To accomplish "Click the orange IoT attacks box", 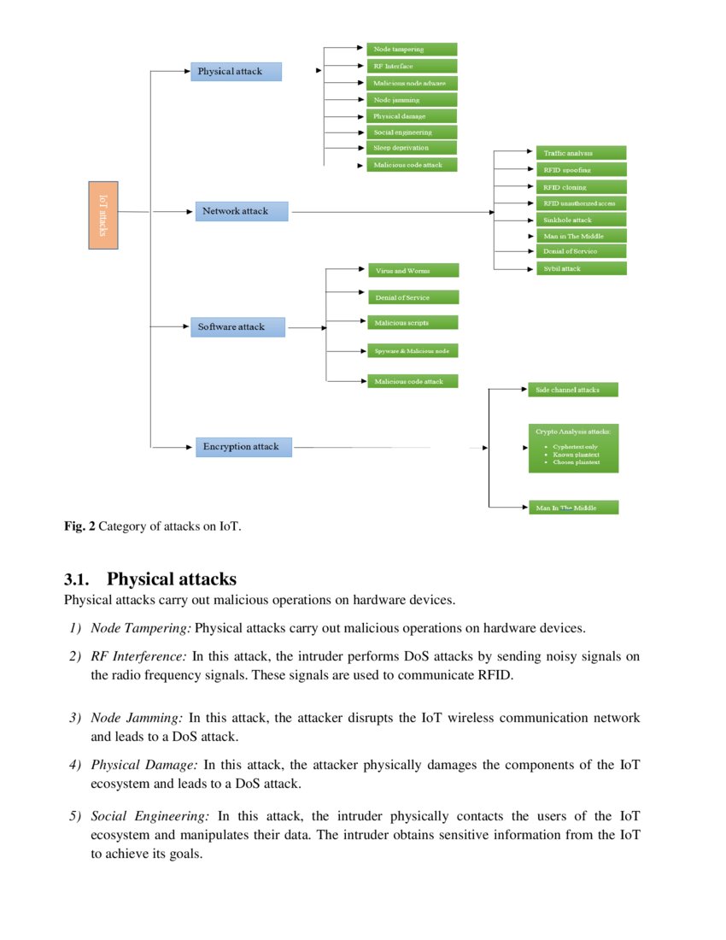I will pyautogui.click(x=103, y=214).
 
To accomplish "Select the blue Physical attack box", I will pyautogui.click(x=236, y=71).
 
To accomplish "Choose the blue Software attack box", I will pyautogui.click(x=237, y=326).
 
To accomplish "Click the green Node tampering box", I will pyautogui.click(x=412, y=50).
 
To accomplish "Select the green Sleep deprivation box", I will pyautogui.click(x=412, y=148).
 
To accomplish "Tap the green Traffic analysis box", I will pyautogui.click(x=581, y=153).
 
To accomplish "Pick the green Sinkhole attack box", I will pyautogui.click(x=581, y=220).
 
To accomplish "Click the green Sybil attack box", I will pyautogui.click(x=581, y=268).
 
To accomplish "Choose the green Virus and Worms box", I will pyautogui.click(x=413, y=270).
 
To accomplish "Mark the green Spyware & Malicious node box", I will pyautogui.click(x=413, y=350).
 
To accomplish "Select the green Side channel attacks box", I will pyautogui.click(x=572, y=390).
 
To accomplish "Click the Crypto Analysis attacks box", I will pyautogui.click(x=572, y=446).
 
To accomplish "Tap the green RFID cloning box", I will pyautogui.click(x=581, y=187).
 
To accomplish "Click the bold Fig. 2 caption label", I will pyautogui.click(x=79, y=526).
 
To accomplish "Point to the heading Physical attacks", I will pyautogui.click(x=171, y=579).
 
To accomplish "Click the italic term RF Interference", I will pyautogui.click(x=138, y=656).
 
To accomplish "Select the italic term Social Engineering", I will pyautogui.click(x=150, y=817).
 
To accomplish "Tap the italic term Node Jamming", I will pyautogui.click(x=137, y=718).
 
